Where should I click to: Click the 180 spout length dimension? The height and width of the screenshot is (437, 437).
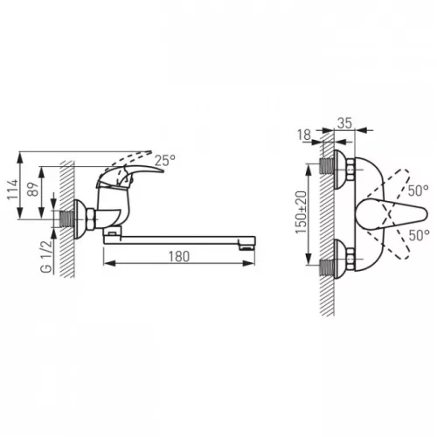pyautogui.click(x=179, y=257)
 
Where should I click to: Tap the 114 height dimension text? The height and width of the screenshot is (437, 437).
pyautogui.click(x=12, y=190)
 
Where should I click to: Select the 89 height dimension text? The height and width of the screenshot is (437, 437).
pyautogui.click(x=32, y=190)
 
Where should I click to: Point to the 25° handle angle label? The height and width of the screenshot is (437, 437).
pyautogui.click(x=165, y=160)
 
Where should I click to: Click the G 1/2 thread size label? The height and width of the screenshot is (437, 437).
pyautogui.click(x=46, y=257)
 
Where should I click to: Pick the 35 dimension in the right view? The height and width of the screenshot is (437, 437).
pyautogui.click(x=344, y=123)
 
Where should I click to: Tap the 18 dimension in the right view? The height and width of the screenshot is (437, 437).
pyautogui.click(x=304, y=135)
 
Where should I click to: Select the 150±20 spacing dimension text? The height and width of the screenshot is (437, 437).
pyautogui.click(x=302, y=212)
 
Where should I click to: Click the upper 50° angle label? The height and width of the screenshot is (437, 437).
pyautogui.click(x=418, y=191)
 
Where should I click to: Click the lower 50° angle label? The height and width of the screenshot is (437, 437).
pyautogui.click(x=420, y=235)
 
